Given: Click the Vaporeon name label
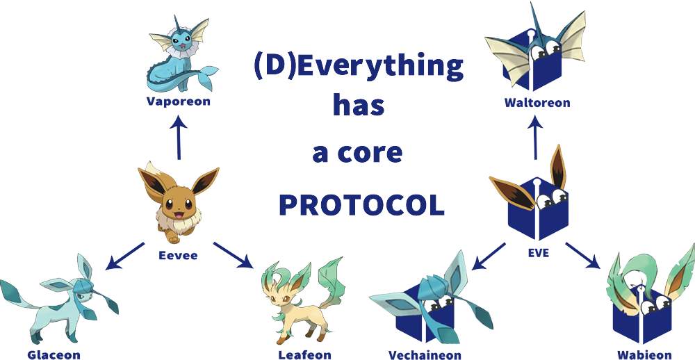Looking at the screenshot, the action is coord(178,101).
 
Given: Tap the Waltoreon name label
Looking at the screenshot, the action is coord(537,103).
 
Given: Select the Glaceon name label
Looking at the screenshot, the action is coord(54,354).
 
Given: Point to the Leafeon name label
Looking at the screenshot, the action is coord(304,354).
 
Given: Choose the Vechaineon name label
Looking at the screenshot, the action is coord(425,354).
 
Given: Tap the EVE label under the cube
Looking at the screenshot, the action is coord(539,253).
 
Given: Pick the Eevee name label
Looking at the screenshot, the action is coord(178,255).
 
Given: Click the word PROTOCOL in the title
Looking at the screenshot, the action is coord(361,205).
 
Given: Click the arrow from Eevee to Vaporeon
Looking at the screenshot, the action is coord(179,138).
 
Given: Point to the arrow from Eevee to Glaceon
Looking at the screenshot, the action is coord(125,256).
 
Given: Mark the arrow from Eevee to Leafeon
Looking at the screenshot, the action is coord(233,255).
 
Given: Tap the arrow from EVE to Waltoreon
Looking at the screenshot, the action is coord(535,138).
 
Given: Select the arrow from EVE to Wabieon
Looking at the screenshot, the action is coord(583,256).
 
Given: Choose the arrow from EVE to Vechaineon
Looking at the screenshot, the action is coord(489,256).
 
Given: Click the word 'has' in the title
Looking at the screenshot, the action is coord(359,106).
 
